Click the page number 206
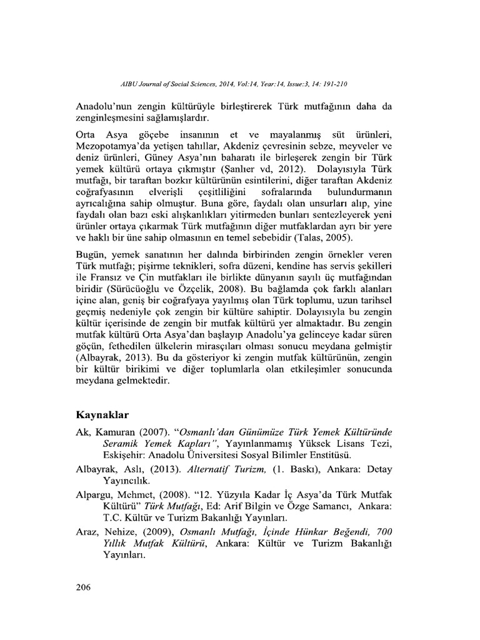pyautogui.click(x=83, y=587)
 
